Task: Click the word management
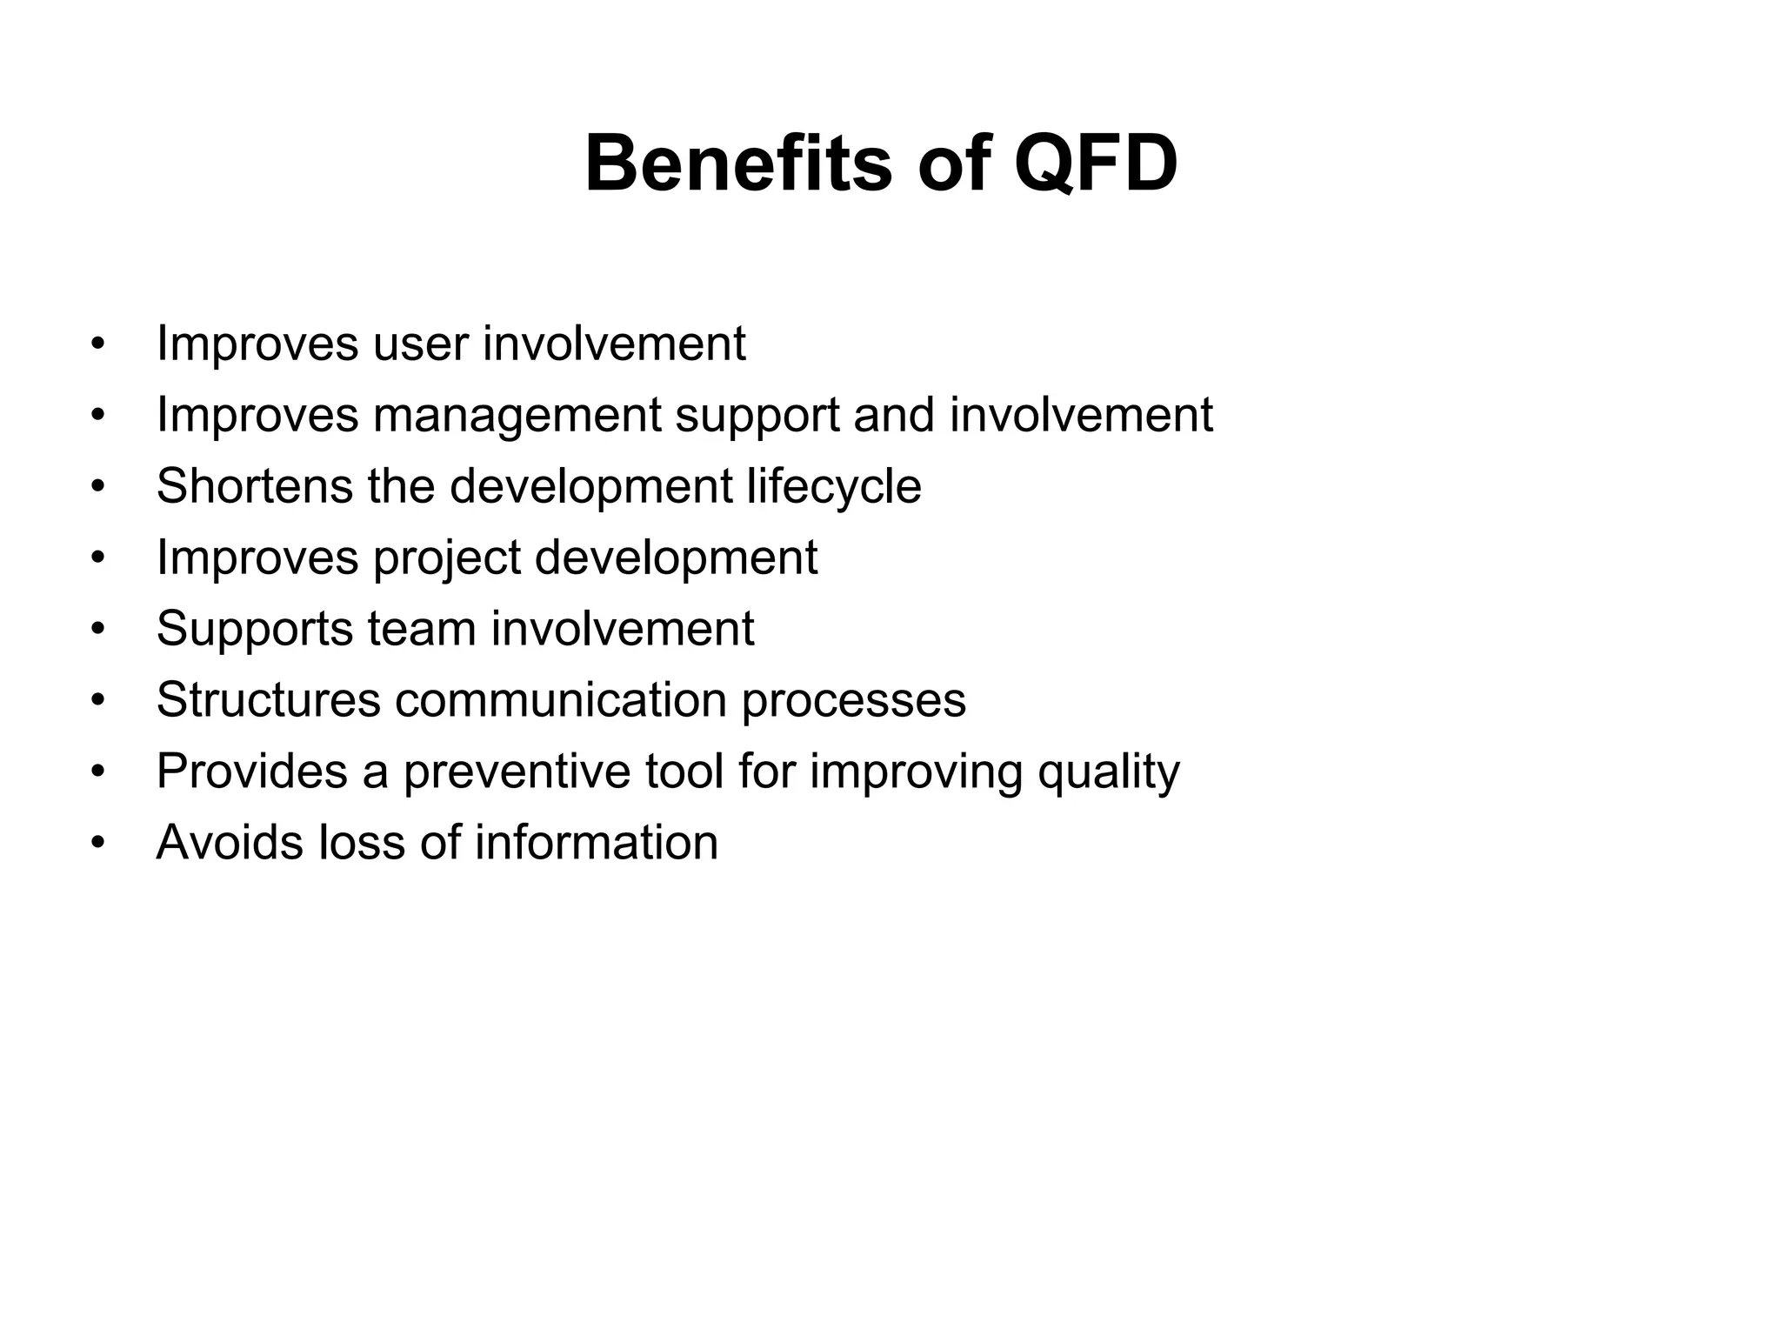(517, 415)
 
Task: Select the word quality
(1109, 772)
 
